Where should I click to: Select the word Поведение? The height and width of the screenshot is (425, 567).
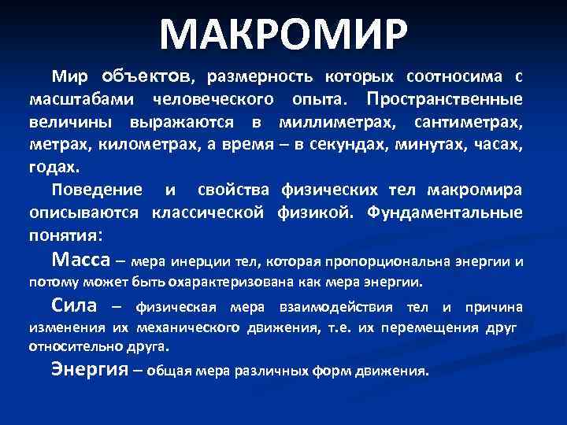tap(98, 190)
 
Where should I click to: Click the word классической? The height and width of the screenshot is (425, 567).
tap(209, 213)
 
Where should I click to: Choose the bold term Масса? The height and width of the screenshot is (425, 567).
tap(80, 260)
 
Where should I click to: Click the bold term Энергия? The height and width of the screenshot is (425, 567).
tap(89, 369)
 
